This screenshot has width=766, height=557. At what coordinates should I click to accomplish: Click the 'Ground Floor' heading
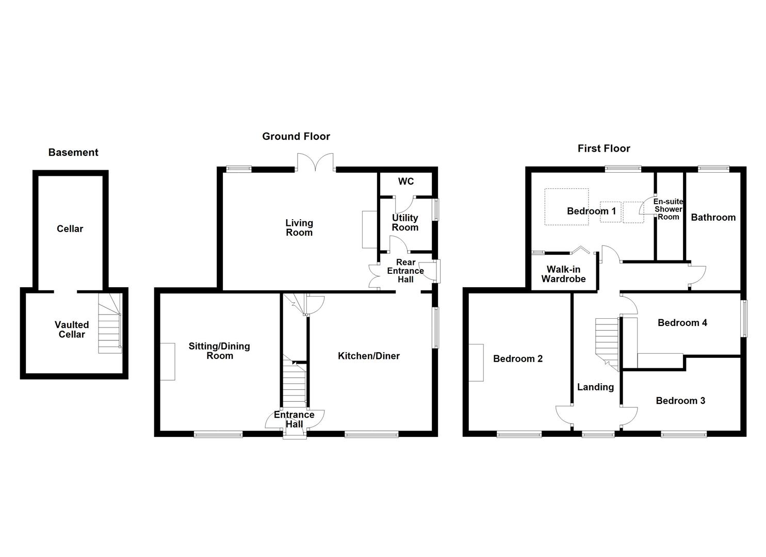coord(296,137)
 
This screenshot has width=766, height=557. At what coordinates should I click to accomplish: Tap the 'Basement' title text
coord(73,152)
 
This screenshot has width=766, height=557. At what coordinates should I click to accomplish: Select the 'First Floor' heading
coord(604,149)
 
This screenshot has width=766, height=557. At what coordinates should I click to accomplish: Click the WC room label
coord(406,181)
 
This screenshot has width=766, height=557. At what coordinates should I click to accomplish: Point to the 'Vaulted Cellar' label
coord(72,329)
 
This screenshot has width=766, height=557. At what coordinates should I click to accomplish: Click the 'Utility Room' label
coord(405,223)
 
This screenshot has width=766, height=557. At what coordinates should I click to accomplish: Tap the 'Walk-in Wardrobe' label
coord(564,274)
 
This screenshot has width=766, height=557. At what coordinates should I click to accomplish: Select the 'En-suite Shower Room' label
coord(668,209)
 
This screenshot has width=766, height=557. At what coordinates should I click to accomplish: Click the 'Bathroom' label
coord(713,218)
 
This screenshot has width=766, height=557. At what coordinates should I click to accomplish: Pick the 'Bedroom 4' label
coord(682,323)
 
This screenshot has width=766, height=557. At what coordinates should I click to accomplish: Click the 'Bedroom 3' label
coord(680,401)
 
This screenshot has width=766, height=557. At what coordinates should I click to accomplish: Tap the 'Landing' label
coord(596,387)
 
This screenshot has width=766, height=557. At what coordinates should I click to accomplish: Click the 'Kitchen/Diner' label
coord(369,356)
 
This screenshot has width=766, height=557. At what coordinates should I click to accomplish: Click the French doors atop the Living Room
coord(315,162)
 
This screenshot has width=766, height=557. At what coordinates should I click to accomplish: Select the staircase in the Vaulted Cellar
coord(110,323)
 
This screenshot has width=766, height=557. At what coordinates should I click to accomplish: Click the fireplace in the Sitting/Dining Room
coord(168,362)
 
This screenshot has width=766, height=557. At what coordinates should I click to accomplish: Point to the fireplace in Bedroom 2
coord(476,363)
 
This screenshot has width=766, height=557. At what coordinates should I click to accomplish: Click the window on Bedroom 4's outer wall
coord(744,319)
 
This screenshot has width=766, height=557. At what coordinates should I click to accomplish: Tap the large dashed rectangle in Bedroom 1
coord(567,207)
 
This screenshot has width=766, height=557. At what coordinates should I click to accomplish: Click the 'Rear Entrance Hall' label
coord(405,271)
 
